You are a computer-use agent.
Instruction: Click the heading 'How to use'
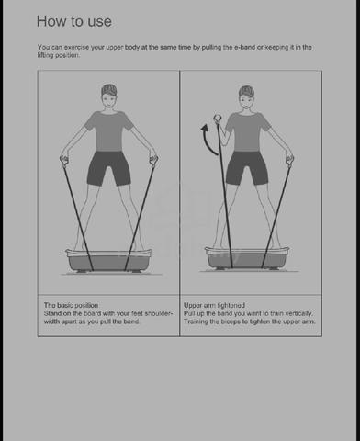coord(74,21)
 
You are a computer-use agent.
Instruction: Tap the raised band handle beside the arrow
coord(218,118)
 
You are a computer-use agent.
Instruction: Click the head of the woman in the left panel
coord(109,96)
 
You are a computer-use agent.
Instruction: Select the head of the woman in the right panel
coord(246,97)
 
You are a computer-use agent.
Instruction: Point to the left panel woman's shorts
coord(109,168)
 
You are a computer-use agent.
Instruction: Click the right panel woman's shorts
coord(247,167)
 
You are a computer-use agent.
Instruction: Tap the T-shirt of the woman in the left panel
coord(108,131)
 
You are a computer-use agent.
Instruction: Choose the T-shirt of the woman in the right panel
coord(248,132)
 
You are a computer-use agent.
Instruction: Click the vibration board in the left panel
coord(109,260)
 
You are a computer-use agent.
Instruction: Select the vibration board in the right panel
coord(247,258)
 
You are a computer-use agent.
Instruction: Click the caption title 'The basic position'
coord(71,305)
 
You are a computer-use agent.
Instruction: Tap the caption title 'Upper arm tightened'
coord(214,305)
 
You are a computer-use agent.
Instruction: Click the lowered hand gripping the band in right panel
coord(289,160)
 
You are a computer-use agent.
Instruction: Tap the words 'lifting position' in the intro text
coord(59,55)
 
